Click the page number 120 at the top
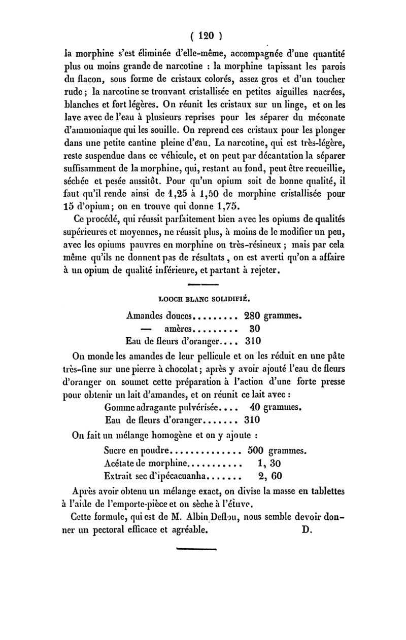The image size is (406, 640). coord(204,36)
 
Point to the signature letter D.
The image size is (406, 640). coord(306,530)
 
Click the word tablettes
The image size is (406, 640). coord(323,490)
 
